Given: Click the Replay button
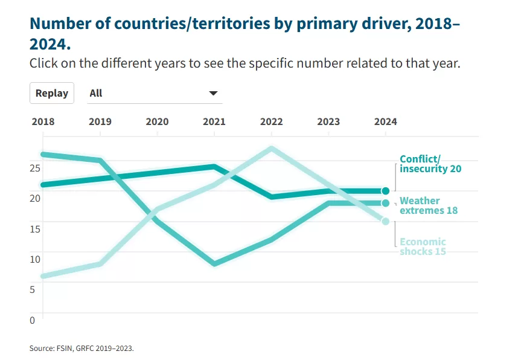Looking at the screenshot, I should point(52,93).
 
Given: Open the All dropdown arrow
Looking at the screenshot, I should point(212,93).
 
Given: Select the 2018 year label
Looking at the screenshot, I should point(43,121).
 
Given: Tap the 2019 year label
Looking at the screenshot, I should point(100,121).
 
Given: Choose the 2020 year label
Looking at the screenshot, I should point(157,121).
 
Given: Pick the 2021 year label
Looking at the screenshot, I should point(214,121).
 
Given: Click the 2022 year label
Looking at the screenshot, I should point(272,121).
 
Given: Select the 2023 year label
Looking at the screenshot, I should point(328,121).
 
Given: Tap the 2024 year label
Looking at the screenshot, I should point(386,121).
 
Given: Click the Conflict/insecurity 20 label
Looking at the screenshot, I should point(430,164).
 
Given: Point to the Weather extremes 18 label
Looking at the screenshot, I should point(428,205).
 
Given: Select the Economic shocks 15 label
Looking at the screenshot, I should point(423,246).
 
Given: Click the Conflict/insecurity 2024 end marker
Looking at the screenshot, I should point(386,191).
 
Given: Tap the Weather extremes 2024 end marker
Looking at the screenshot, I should point(386,203).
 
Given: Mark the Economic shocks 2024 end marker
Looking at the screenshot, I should point(386,221).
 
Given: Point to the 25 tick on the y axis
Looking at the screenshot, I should point(36,167).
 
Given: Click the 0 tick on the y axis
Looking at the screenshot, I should point(33,320).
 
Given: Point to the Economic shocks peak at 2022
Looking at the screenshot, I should point(272,148).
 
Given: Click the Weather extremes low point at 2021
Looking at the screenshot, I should point(214,264).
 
